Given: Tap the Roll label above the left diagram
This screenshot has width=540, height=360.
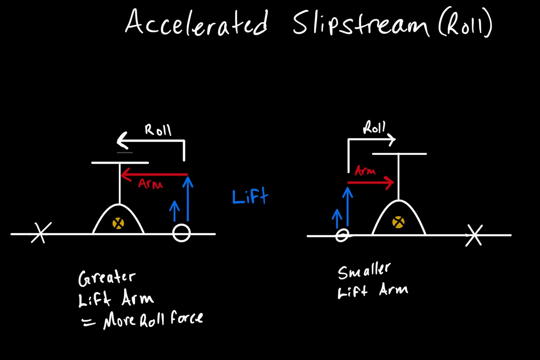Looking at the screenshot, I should [x=158, y=130].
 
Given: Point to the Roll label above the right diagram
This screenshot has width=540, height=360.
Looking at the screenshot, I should [x=374, y=128].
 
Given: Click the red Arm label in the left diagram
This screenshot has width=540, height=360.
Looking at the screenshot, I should [x=150, y=184].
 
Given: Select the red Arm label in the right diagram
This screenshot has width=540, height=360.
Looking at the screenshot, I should [x=365, y=171].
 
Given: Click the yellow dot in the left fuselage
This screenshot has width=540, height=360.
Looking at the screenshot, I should [x=118, y=223].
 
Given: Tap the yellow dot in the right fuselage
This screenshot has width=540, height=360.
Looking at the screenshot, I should [x=398, y=222].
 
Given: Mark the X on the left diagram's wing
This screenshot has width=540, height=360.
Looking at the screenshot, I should [x=40, y=232].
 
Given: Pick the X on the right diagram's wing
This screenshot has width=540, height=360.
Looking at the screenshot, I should [x=474, y=234].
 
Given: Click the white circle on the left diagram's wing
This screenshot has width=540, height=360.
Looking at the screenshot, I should [x=181, y=233].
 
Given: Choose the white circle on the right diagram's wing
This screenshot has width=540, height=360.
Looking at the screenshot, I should [x=342, y=235].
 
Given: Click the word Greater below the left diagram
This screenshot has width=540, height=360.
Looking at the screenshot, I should [x=107, y=278].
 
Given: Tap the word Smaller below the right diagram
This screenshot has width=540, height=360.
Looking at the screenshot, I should [x=364, y=271].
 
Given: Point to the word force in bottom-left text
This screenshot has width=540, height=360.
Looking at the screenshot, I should [x=185, y=319].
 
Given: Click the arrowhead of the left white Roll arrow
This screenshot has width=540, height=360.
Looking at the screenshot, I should [x=121, y=141].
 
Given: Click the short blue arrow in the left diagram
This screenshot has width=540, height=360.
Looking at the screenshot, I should [x=174, y=211].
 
